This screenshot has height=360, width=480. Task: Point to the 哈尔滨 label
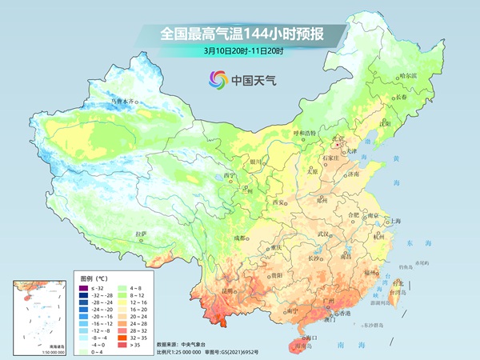[410, 75]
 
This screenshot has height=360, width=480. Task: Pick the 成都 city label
[239, 238]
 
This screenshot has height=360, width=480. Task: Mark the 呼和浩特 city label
[304, 133]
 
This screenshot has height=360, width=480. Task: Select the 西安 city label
[279, 202]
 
